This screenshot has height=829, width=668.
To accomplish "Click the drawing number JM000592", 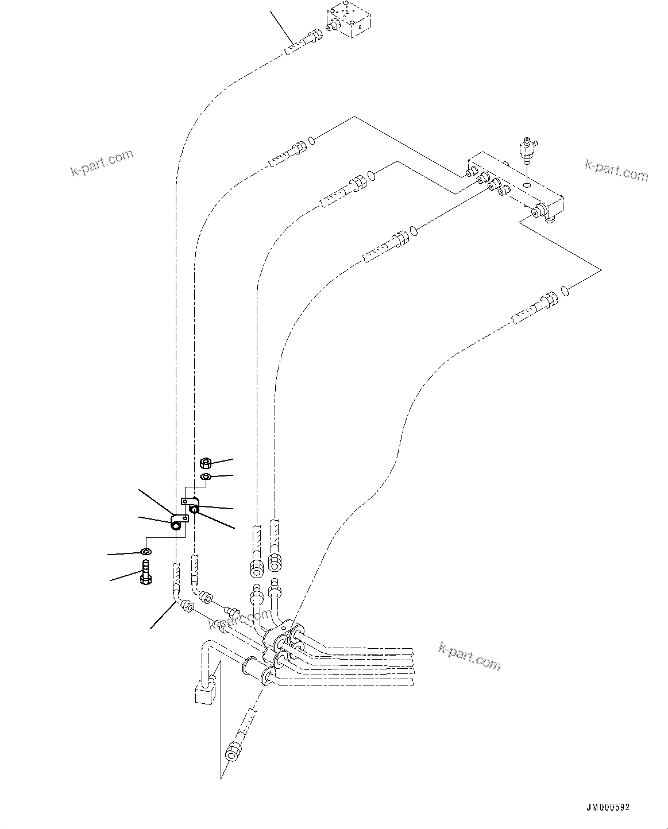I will (x=609, y=807).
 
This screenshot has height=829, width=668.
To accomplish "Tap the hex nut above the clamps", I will (x=206, y=462).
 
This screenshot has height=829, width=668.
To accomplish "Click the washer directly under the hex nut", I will (x=206, y=477).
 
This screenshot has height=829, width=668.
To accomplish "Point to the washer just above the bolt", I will (x=146, y=552).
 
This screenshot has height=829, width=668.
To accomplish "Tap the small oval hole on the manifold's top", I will (x=527, y=185).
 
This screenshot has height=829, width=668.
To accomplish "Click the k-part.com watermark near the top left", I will (x=102, y=162).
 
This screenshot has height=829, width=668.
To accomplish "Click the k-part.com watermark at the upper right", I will (x=615, y=170).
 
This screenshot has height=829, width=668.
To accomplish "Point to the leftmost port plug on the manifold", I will (x=470, y=172).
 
